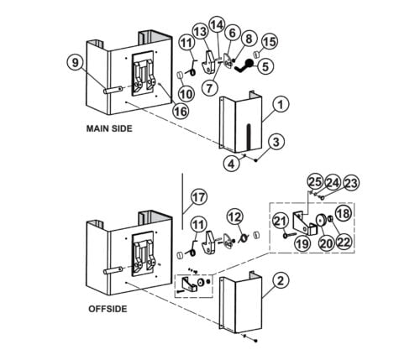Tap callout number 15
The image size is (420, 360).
click(270, 41)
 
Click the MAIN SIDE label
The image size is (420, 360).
click(113, 130)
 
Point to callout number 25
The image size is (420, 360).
click(313, 182)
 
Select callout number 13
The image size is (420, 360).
click(199, 31)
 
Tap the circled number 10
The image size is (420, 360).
click(184, 95)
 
